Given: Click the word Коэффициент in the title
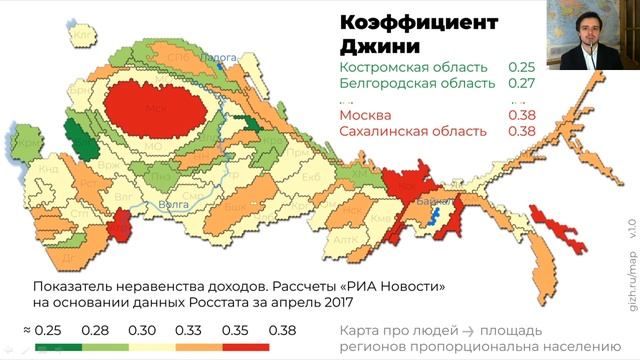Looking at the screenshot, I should point(413,22).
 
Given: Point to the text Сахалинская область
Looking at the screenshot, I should point(413,131).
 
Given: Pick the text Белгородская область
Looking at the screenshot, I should point(417,83).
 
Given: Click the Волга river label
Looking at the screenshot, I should point(174,204).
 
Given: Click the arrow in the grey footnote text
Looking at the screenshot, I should point(465,329).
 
